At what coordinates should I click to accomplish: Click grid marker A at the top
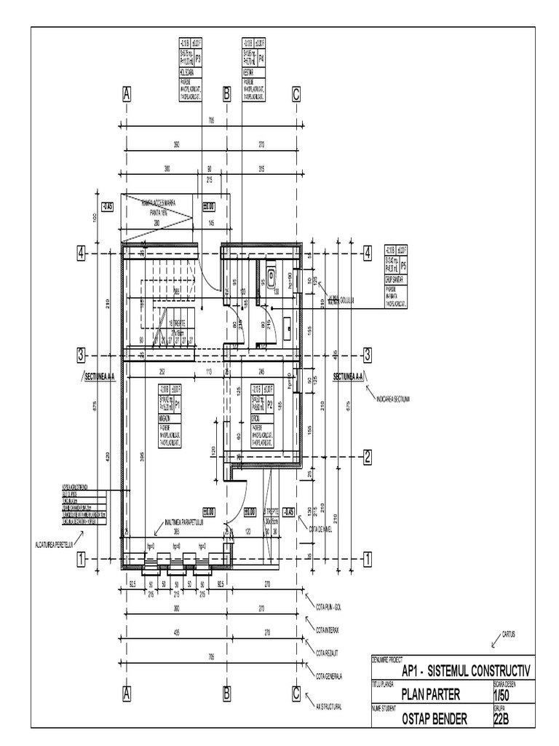(x=127, y=94)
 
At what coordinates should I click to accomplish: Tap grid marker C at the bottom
(x=296, y=694)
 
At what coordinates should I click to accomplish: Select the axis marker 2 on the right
(x=368, y=457)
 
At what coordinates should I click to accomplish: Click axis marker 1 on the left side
(x=82, y=559)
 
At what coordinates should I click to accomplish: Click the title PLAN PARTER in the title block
(x=431, y=695)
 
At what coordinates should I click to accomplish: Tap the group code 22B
(x=502, y=720)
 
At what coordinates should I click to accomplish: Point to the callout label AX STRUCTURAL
(x=328, y=706)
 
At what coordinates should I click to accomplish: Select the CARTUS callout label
(x=509, y=634)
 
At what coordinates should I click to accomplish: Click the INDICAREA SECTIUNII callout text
(x=394, y=398)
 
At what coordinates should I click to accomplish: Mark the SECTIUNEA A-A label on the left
(x=100, y=377)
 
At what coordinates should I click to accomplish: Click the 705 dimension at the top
(x=211, y=120)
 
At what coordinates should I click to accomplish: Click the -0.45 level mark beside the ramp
(x=108, y=206)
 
